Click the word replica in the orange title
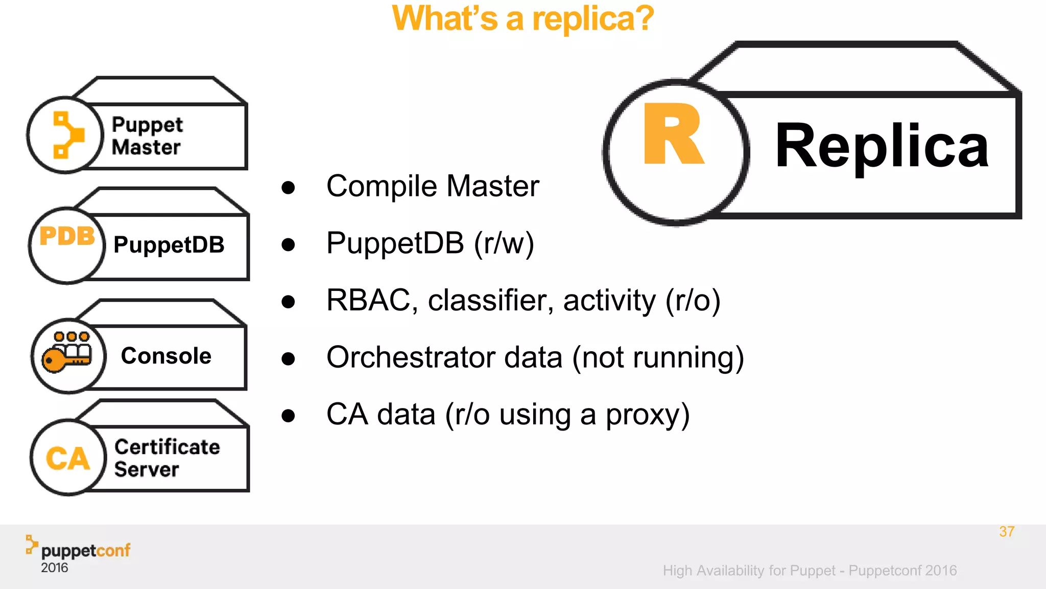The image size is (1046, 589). point(592,19)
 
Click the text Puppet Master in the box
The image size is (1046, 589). point(147,136)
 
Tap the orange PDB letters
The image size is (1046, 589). point(67,236)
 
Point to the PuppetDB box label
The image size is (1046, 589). point(169,245)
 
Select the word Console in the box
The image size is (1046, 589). point(166,356)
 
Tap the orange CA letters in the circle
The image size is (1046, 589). point(68,458)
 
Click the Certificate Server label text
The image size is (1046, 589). point(167,458)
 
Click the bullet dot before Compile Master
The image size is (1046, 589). point(289,187)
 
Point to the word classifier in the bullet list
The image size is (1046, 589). point(490,300)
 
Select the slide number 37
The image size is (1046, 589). point(1006,532)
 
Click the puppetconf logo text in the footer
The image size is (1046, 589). point(85,551)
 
